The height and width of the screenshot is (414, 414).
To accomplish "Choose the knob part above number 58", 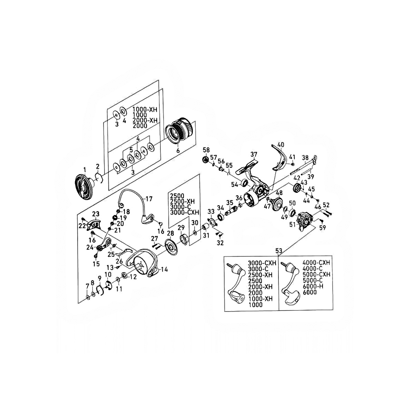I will [x=205, y=159].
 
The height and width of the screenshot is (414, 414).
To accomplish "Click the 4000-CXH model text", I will [x=316, y=263].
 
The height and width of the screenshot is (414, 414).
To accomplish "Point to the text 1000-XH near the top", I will [x=145, y=109].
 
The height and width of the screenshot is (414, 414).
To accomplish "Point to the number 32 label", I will [x=220, y=243].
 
